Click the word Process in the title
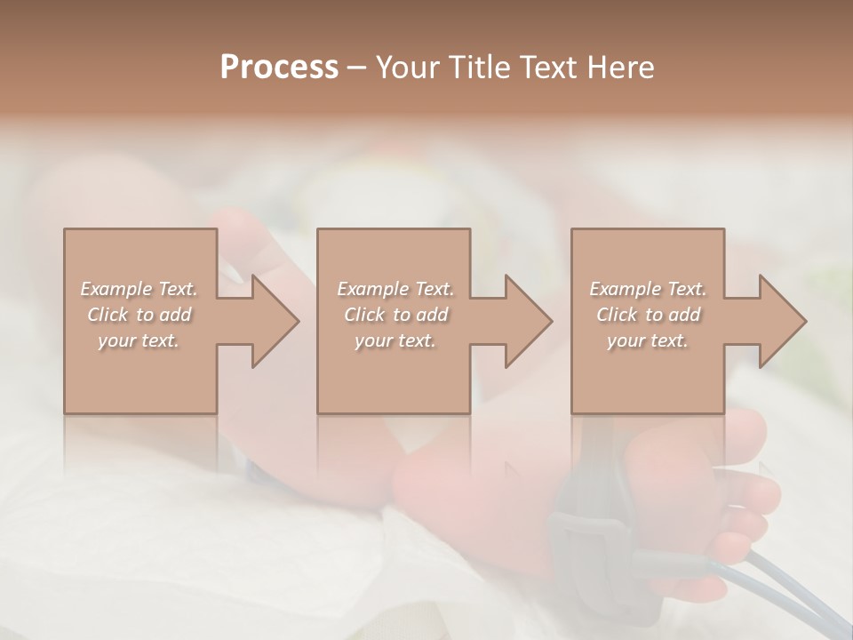[279, 68]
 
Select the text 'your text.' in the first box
[139, 340]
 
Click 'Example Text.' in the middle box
[395, 289]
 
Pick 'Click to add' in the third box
[649, 315]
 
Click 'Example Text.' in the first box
[139, 289]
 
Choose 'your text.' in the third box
[648, 340]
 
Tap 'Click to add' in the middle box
[395, 315]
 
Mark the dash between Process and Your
[357, 68]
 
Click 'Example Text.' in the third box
[648, 289]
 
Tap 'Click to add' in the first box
[139, 315]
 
